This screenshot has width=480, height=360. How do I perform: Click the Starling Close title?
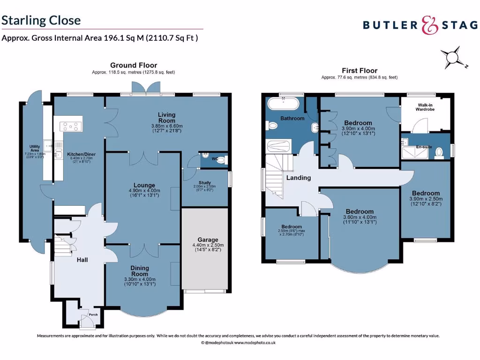[x=41, y=20]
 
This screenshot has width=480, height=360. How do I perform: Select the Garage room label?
[x=208, y=240]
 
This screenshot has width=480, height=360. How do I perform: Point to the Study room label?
[x=204, y=183]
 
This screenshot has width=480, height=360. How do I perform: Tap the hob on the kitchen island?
[x=71, y=126]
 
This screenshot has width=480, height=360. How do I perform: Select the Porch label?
[x=93, y=315]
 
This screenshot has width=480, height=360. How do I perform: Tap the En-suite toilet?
[x=439, y=152]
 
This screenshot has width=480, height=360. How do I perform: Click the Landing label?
[x=298, y=178]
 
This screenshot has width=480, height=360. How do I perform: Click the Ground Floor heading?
[x=134, y=65]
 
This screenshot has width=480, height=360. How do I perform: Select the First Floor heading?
[x=359, y=71]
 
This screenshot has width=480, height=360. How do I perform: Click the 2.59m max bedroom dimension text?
[x=291, y=231]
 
